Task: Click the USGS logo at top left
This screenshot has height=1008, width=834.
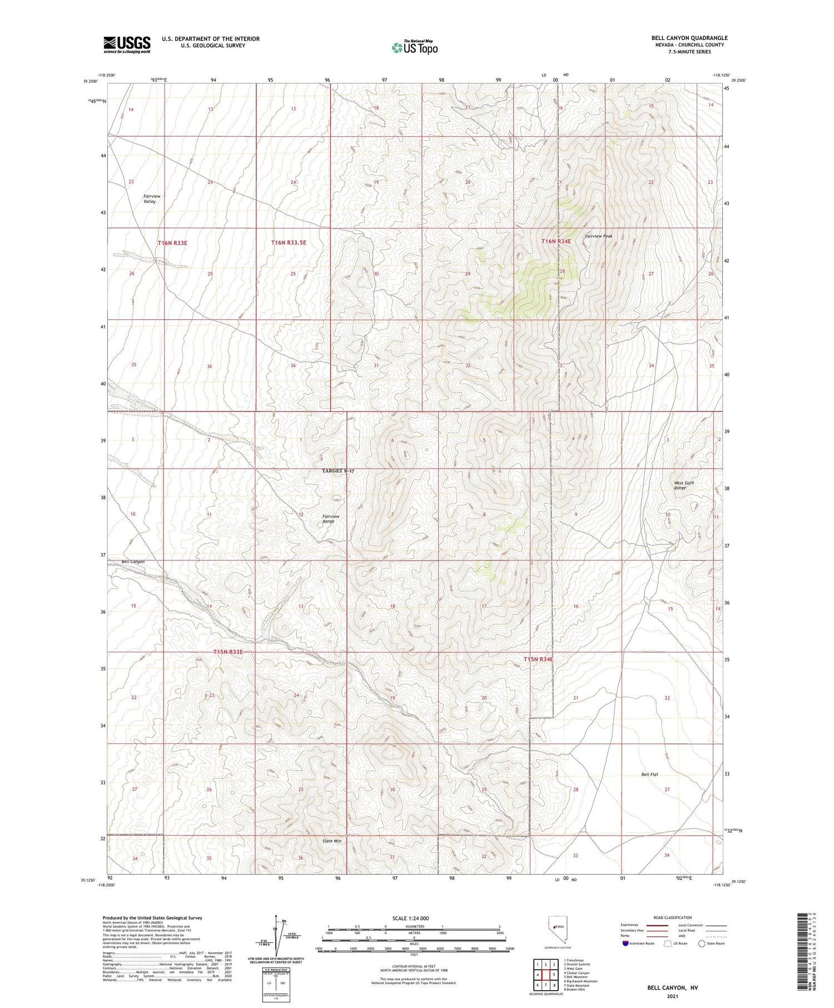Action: [x=127, y=44]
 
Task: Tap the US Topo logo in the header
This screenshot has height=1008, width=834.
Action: [x=414, y=48]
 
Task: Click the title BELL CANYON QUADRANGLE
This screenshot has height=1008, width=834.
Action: [x=689, y=38]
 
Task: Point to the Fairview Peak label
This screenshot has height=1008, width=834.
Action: [x=598, y=236]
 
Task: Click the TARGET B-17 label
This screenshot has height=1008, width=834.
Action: [x=338, y=471]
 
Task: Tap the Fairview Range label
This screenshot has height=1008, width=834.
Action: [x=331, y=519]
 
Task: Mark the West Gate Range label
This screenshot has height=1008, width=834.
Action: [x=683, y=485]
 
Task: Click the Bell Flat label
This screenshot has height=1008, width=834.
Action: [x=649, y=774]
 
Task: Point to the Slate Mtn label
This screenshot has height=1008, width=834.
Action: [x=332, y=841]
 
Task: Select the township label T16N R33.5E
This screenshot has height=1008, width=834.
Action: [x=289, y=242]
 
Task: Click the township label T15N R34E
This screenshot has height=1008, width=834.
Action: [x=538, y=659]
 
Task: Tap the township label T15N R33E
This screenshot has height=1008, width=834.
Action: [x=228, y=652]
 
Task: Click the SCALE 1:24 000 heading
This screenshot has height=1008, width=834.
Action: [x=410, y=918]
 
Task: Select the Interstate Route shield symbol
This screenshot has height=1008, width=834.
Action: [x=626, y=944]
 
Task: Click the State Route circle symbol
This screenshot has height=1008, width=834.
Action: [x=702, y=944]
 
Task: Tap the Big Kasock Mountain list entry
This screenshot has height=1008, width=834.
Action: [x=580, y=981]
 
